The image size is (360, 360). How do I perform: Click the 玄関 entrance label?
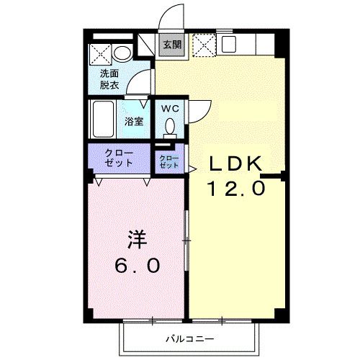(x=171, y=45)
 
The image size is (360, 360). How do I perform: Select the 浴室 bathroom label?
(x=134, y=121)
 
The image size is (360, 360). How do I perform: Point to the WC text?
(x=170, y=109)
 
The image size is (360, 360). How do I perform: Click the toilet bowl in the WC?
(x=170, y=127)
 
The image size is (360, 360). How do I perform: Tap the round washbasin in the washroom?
(x=122, y=53)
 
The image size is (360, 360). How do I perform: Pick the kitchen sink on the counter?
(x=230, y=44)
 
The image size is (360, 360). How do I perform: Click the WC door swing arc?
(x=198, y=109)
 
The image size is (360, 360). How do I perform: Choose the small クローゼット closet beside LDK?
(x=168, y=161)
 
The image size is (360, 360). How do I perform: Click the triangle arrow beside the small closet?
(x=192, y=169)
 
